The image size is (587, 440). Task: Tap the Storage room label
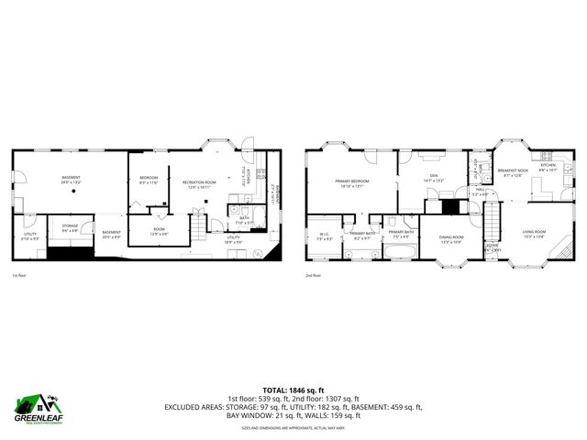pos(70,226)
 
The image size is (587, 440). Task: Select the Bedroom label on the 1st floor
pos(149,180)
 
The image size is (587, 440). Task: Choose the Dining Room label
pos(451,239)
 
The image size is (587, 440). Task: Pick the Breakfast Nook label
pos(512,172)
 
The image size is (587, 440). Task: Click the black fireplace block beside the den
pos(449,205)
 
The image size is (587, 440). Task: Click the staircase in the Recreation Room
pos(197,225)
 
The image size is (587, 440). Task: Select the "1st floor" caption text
pos(19,275)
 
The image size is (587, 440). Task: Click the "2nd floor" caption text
pos(314,275)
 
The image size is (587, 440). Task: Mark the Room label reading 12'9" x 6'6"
pos(160,232)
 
